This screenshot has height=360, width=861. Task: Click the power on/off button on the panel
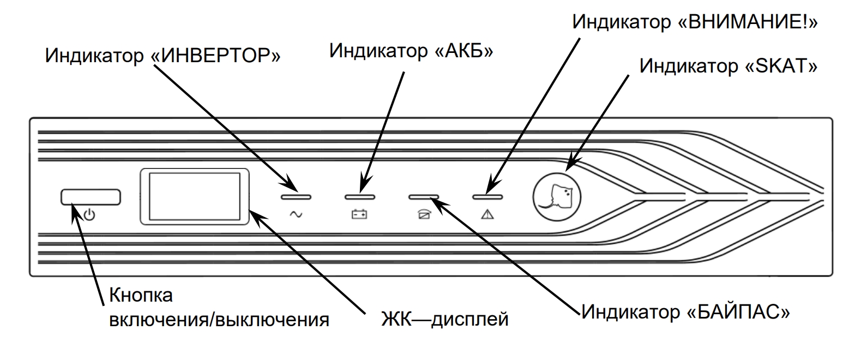pos(91,197)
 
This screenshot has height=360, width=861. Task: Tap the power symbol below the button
pos(90,215)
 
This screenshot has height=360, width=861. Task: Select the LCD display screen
pos(194,196)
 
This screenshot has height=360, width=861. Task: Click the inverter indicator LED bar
pos(296,196)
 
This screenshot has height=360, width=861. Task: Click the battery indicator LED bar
pos(360,196)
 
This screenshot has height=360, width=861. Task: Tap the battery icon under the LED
pos(359,215)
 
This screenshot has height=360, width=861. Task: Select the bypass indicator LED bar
pos(424,196)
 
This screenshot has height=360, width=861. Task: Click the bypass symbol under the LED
pos(424,215)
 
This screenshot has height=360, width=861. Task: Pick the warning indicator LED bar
pos(487,196)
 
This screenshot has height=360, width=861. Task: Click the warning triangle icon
pos(487,215)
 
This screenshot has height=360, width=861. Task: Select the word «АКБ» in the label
pos(463,50)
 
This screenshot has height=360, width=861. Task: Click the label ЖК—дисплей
pos(444,319)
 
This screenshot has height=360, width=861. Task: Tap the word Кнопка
pos(141,295)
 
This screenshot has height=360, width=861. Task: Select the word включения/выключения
pos(219,320)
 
